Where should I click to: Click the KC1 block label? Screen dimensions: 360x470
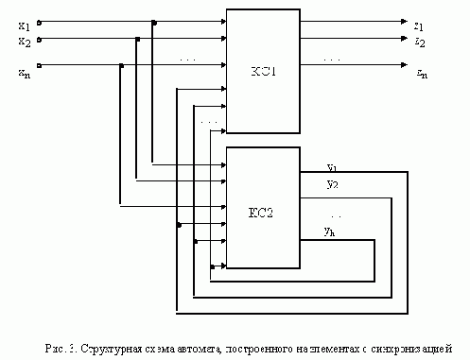point(262,71)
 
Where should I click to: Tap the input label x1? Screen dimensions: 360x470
point(24,24)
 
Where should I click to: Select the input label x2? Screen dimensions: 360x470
point(24,41)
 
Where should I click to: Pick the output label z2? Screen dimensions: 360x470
point(418,41)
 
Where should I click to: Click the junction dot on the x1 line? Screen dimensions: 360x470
point(155,21)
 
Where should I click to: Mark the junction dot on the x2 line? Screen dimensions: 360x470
point(138,39)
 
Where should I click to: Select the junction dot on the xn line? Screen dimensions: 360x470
point(120,65)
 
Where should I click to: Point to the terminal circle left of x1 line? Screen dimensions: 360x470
point(38,21)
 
